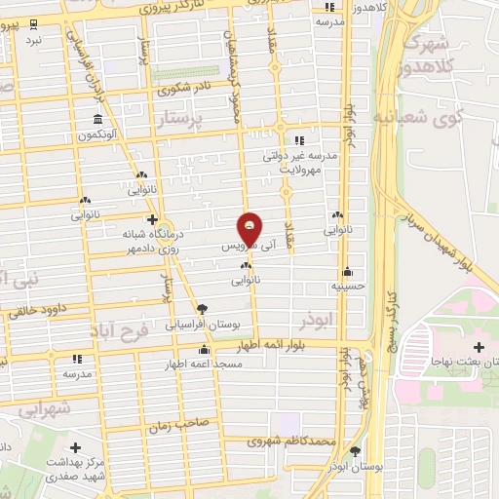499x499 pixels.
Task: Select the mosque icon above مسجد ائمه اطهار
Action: click(x=204, y=351)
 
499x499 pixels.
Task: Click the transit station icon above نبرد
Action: click(x=34, y=23)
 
